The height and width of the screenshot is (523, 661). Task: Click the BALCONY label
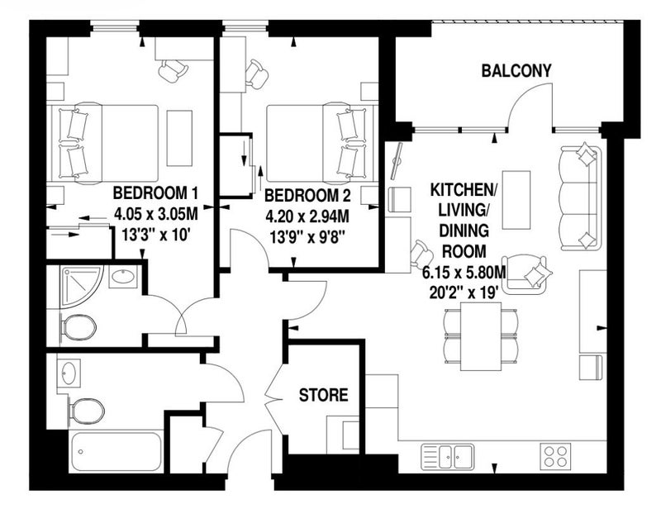pyautogui.click(x=516, y=70)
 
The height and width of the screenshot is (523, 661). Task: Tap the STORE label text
pyautogui.click(x=323, y=395)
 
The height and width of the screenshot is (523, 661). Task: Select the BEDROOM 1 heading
pyautogui.click(x=155, y=193)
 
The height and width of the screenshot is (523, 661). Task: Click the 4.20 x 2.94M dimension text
pyautogui.click(x=307, y=216)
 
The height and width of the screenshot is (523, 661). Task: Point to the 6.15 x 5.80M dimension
pyautogui.click(x=464, y=273)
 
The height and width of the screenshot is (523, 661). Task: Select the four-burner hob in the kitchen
pyautogui.click(x=555, y=455)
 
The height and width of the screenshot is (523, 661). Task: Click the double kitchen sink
pyautogui.click(x=447, y=456)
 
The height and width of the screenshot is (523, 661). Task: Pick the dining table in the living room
pyautogui.click(x=481, y=336)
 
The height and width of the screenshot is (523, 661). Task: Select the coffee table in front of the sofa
pyautogui.click(x=516, y=200)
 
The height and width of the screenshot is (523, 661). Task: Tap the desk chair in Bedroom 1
pyautogui.click(x=173, y=70)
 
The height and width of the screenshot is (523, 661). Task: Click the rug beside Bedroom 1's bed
pyautogui.click(x=179, y=138)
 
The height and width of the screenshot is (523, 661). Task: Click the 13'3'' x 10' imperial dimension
pyautogui.click(x=155, y=235)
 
